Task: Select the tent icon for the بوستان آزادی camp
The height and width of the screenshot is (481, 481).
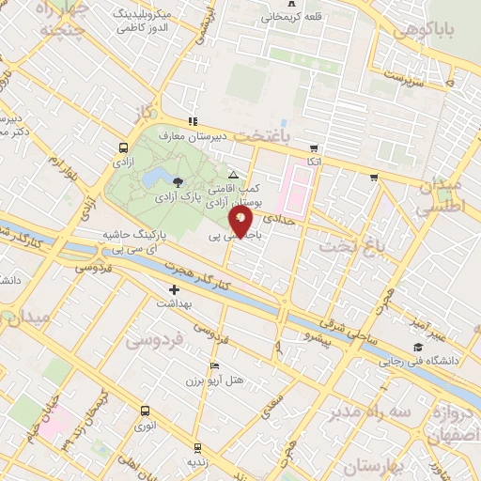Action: coord(234,176)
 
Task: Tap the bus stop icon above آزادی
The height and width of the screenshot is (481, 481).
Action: coord(123,147)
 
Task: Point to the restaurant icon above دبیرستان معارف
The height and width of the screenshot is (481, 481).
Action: coord(193,121)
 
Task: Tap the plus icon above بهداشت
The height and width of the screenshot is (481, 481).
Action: coord(173,289)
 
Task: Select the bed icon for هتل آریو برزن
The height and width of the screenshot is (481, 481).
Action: coord(214,366)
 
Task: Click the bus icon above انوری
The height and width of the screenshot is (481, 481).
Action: coord(145,411)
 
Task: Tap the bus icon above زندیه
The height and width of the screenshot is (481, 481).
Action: coord(196,447)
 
